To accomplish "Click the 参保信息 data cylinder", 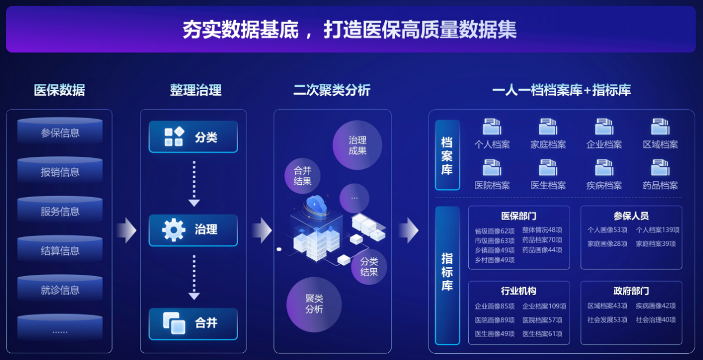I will click(60, 133).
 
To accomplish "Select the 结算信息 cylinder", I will click(60, 251).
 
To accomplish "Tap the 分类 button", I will click(193, 137).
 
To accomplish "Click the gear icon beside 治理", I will click(173, 230).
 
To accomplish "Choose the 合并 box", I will click(193, 324).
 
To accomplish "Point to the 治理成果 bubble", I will click(357, 145).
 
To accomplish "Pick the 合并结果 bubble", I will click(302, 175).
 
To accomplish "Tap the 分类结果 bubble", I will click(369, 267).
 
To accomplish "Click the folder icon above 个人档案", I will click(492, 127).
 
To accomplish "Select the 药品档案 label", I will click(660, 185).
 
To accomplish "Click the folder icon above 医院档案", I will click(492, 167).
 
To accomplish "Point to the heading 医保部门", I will click(519, 216).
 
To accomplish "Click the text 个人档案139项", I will click(658, 230).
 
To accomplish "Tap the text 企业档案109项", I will click(544, 306).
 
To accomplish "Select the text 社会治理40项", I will click(655, 320).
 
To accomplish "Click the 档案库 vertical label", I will click(447, 155).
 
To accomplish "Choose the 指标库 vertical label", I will click(447, 272).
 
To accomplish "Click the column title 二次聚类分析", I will click(332, 90).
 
